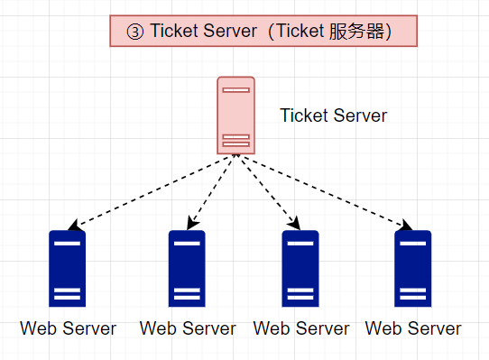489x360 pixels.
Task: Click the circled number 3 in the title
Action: click(134, 31)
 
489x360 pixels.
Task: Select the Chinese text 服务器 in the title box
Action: click(360, 31)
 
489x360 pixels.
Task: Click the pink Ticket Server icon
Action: click(235, 115)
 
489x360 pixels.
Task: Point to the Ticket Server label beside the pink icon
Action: click(333, 115)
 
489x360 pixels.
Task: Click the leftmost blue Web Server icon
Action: click(68, 269)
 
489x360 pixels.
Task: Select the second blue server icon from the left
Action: click(187, 269)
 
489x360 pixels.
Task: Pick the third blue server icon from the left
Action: click(300, 269)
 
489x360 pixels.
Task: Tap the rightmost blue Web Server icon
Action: click(412, 269)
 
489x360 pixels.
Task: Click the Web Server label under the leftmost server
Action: click(68, 328)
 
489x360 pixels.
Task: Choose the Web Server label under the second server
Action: click(188, 328)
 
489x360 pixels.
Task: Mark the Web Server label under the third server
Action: click(300, 328)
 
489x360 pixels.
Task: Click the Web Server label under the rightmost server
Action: click(413, 328)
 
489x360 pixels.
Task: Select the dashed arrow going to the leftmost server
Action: click(149, 191)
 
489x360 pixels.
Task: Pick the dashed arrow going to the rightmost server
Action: click(325, 191)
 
